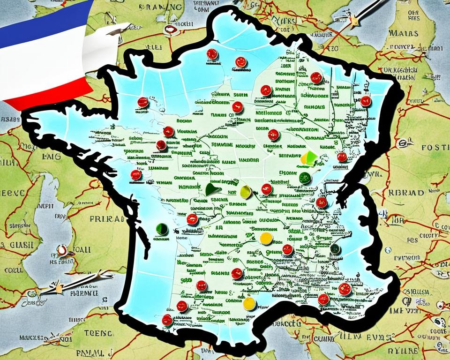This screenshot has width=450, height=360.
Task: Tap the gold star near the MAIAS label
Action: pos(355,21)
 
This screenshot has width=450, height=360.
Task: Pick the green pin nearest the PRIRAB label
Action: pos(162,229)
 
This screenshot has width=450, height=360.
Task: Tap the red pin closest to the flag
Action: pos(143,102)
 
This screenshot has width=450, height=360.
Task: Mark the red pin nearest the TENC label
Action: pos(167,320)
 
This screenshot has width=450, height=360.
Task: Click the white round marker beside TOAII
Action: pos(62,250)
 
